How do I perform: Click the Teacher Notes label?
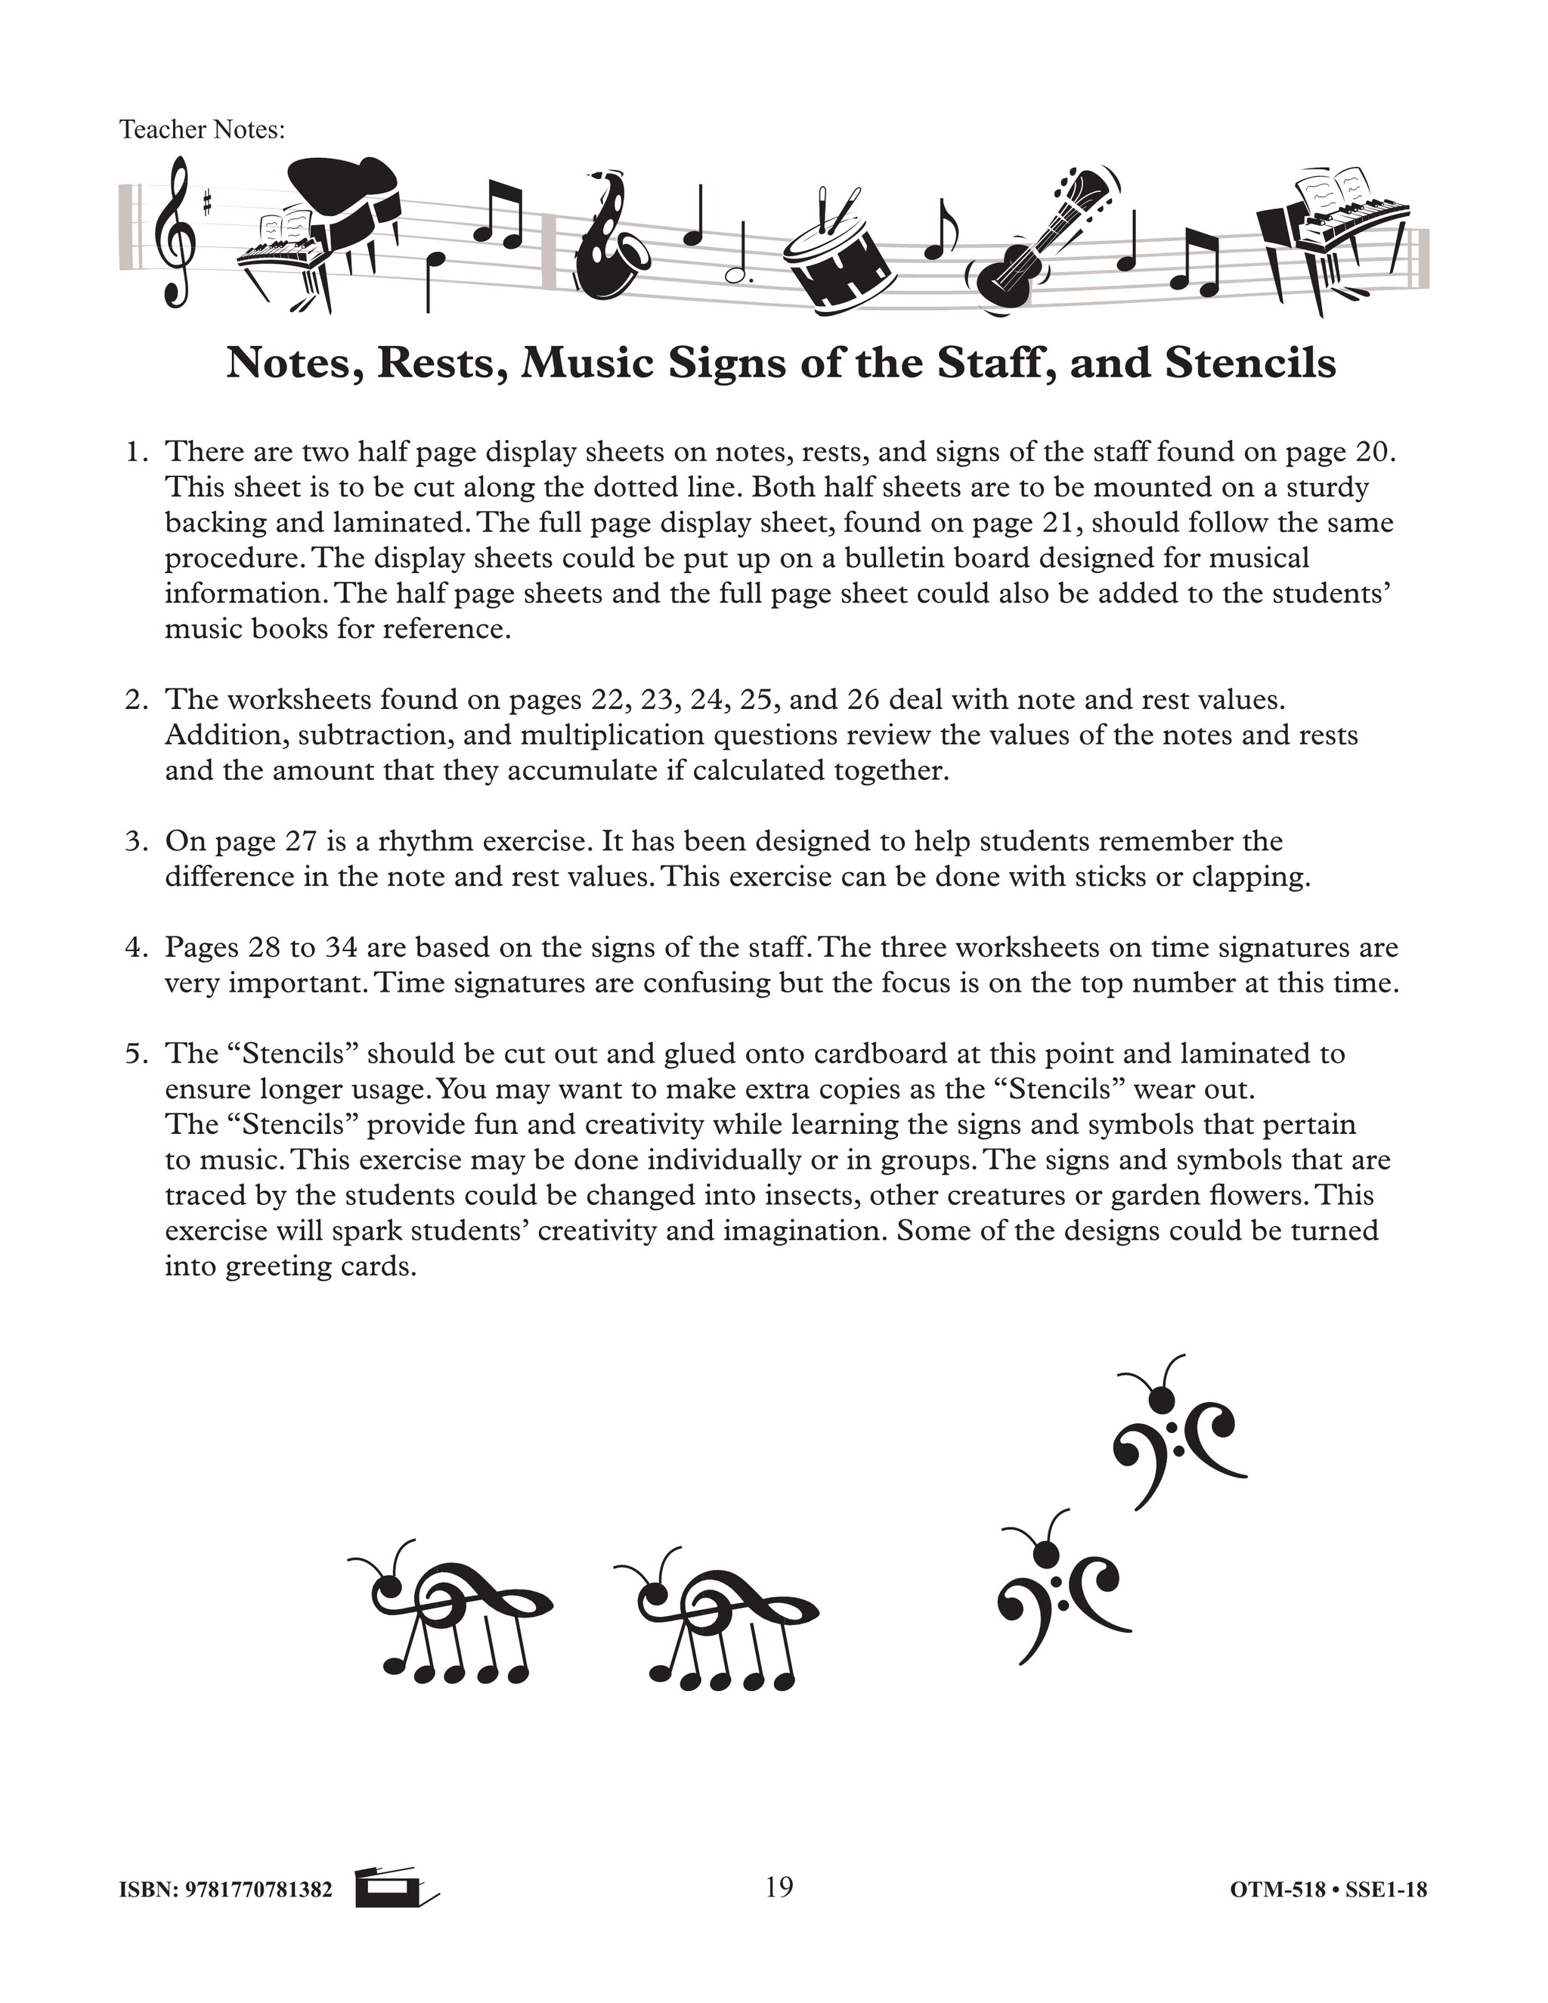coord(203,130)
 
